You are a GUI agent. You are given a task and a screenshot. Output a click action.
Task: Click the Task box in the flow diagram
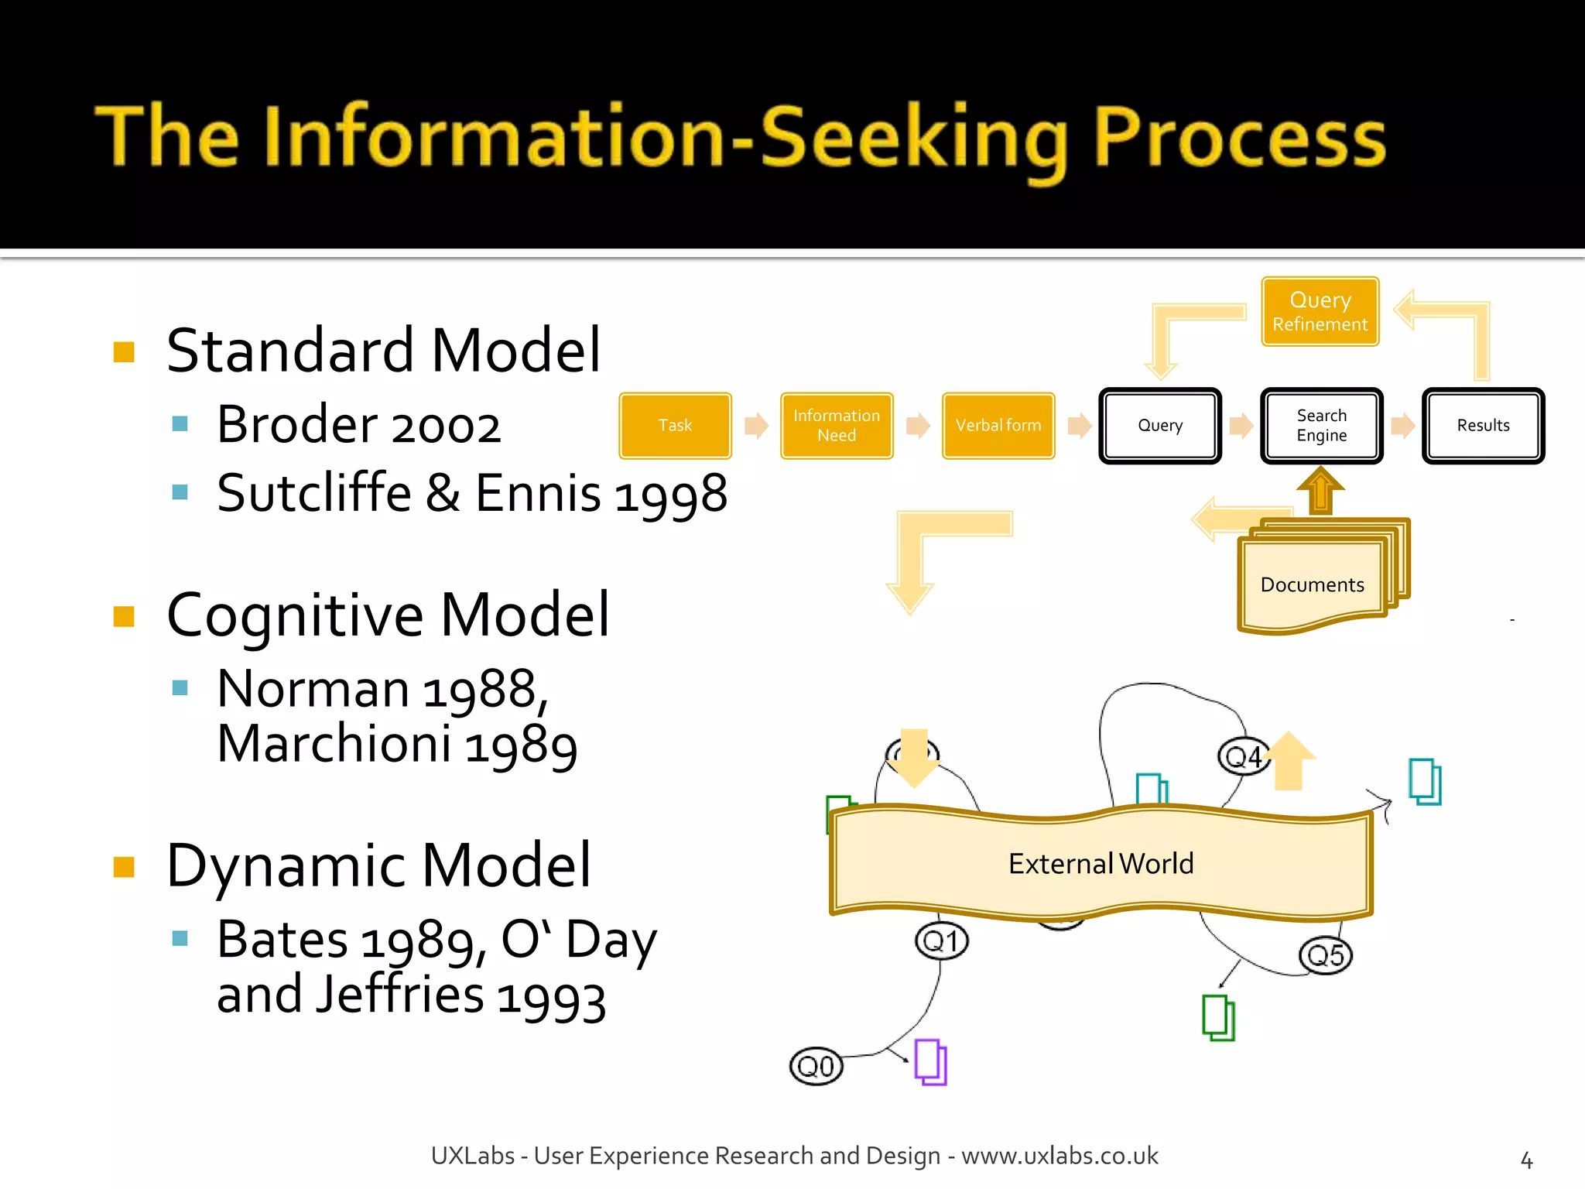click(675, 425)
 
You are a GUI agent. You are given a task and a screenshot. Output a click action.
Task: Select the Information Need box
click(837, 425)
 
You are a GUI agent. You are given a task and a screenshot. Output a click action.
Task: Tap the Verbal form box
click(998, 425)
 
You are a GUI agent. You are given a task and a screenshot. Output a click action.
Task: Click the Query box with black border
click(1160, 425)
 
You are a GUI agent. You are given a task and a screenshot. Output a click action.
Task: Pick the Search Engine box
click(1321, 425)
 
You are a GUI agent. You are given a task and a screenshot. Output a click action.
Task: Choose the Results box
click(1483, 425)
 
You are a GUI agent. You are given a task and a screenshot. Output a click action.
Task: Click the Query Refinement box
click(1320, 311)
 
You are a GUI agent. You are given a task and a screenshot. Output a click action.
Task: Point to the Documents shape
click(1312, 584)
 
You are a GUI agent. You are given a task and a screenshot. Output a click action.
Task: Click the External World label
click(1101, 863)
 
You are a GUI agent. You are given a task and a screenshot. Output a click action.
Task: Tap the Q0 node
click(816, 1067)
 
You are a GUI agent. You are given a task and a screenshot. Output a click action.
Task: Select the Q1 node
click(941, 941)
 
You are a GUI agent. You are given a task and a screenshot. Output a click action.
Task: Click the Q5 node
click(1325, 955)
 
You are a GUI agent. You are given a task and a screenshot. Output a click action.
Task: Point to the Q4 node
click(1243, 756)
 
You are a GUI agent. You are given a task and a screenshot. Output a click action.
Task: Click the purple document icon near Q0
click(930, 1062)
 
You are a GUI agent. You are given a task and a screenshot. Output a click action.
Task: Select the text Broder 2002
click(358, 425)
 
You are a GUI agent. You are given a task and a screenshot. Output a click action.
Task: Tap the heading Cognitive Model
click(388, 615)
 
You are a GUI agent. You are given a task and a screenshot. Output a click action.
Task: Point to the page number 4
click(1526, 1160)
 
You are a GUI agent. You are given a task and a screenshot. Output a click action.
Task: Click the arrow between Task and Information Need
click(756, 425)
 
